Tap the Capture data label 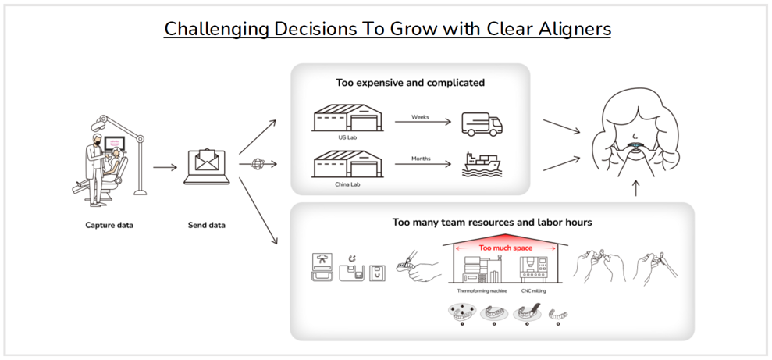(x=109, y=225)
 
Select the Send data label (x=207, y=225)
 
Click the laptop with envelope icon (x=207, y=166)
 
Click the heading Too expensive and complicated (x=410, y=82)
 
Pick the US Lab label (x=347, y=137)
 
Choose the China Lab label (x=347, y=184)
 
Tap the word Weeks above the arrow (x=421, y=117)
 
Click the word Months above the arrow (x=421, y=159)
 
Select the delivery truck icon (x=482, y=123)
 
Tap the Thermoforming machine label (x=482, y=290)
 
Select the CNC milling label (x=534, y=290)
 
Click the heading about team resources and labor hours (x=492, y=223)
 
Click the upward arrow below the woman (x=636, y=188)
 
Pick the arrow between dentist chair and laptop (x=165, y=167)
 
